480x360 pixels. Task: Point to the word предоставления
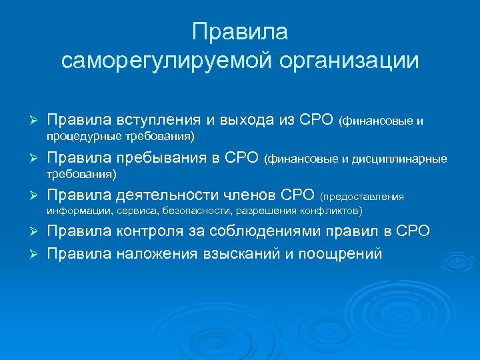(363, 197)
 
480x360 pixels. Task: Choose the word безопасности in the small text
(193, 211)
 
